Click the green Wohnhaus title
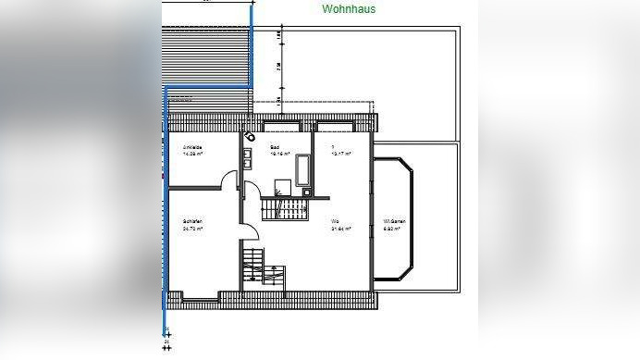349,9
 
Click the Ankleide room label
192,148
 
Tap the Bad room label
275,148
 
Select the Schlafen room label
192,222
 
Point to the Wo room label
335,222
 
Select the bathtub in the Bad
304,169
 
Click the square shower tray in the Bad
283,186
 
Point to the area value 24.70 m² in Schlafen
192,228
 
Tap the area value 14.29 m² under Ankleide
192,155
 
